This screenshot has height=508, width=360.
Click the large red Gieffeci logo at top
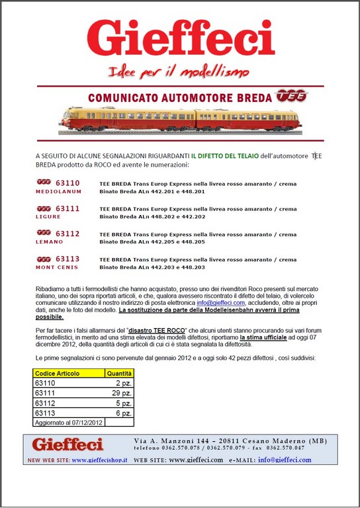point(181,38)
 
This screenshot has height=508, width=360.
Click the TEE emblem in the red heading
point(292,96)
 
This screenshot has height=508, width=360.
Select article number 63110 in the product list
point(67,183)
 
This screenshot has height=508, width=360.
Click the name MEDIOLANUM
point(59,191)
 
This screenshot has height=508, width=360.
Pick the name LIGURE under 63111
point(48,216)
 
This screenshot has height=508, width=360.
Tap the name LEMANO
point(50,241)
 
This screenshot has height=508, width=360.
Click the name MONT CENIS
point(57,267)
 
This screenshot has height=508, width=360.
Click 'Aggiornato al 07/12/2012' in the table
point(68,421)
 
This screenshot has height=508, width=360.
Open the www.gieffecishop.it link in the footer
point(99,460)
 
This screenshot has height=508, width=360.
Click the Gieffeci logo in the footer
point(68,444)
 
